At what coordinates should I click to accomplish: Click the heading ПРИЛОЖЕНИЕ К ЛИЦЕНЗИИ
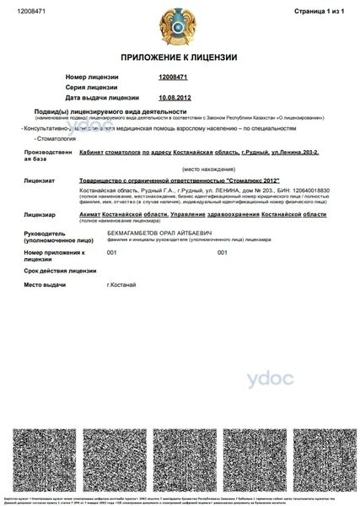[179, 57]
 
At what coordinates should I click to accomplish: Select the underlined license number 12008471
[172, 77]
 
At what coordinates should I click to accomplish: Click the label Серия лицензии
[90, 87]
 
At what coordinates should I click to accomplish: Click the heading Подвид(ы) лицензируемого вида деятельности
[110, 111]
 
